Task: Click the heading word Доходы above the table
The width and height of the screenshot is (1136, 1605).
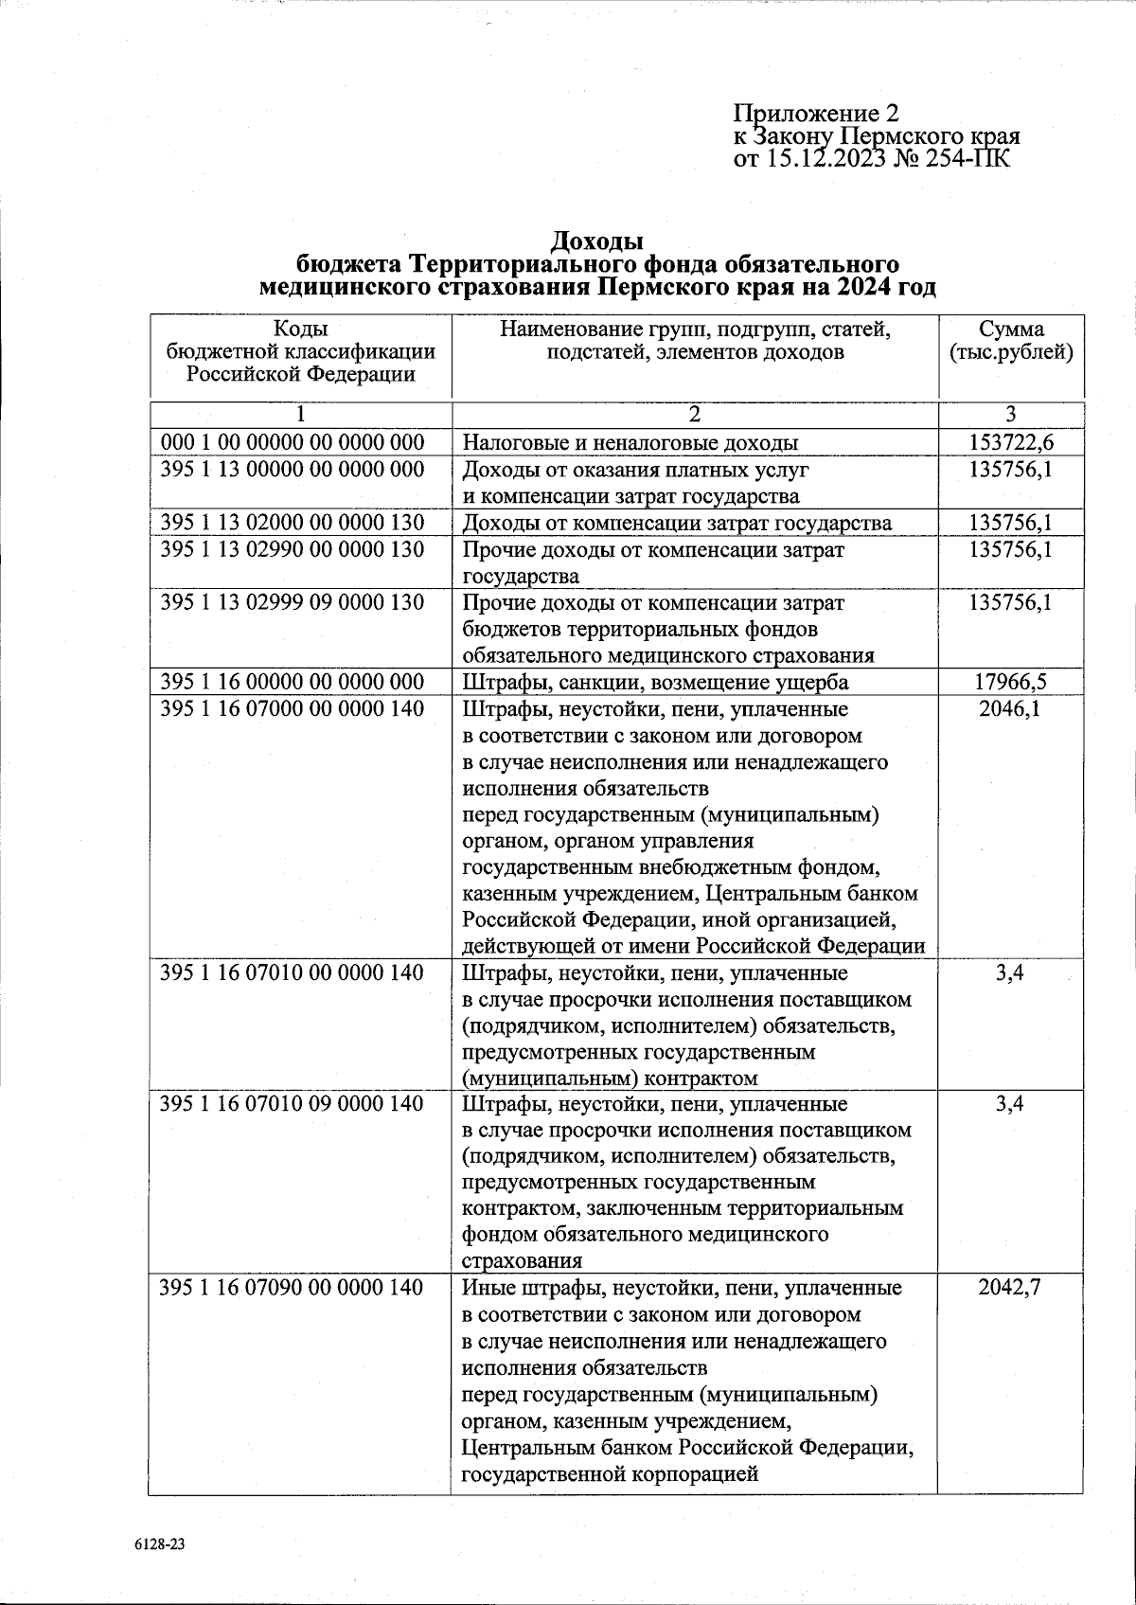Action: click(597, 241)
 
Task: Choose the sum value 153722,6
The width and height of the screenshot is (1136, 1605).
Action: click(1011, 441)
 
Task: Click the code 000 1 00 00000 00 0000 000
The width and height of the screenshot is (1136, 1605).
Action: click(293, 441)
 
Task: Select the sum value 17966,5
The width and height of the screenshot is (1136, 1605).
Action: click(1011, 682)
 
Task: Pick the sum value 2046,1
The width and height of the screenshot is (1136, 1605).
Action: click(1011, 708)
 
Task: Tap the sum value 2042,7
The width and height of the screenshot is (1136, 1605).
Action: click(1011, 1288)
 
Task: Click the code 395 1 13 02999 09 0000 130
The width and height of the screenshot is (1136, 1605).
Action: click(293, 602)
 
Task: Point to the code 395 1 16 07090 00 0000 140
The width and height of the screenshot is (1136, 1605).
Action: click(293, 1288)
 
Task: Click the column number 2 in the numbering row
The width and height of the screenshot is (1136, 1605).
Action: click(694, 414)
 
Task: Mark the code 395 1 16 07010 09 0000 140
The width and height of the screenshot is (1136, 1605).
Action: click(293, 1104)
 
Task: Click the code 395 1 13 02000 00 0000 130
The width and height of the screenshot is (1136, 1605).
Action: click(293, 523)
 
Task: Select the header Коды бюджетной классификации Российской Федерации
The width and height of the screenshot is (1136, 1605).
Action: click(300, 351)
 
